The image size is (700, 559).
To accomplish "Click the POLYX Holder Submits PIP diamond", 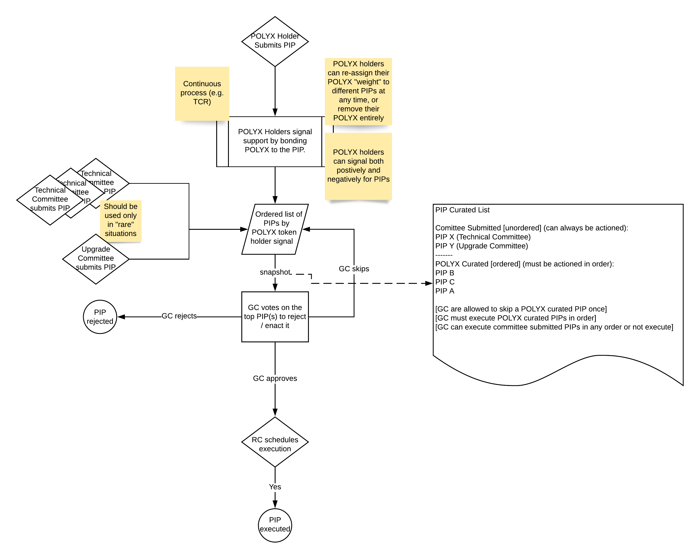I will click(x=275, y=41).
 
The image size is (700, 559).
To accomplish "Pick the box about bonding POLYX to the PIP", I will click(x=275, y=141).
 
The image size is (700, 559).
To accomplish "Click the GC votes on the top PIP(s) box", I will click(x=275, y=316).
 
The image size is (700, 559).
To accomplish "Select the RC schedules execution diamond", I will click(x=275, y=444).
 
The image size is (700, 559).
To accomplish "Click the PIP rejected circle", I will click(x=100, y=317).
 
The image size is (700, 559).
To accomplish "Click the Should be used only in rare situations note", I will click(x=120, y=220).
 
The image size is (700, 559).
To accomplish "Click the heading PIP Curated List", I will click(x=462, y=210).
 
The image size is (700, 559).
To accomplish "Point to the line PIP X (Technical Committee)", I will click(x=483, y=237).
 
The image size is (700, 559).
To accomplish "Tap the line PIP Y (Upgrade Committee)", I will click(x=482, y=246).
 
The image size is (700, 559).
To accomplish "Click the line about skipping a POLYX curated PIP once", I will click(x=521, y=309).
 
